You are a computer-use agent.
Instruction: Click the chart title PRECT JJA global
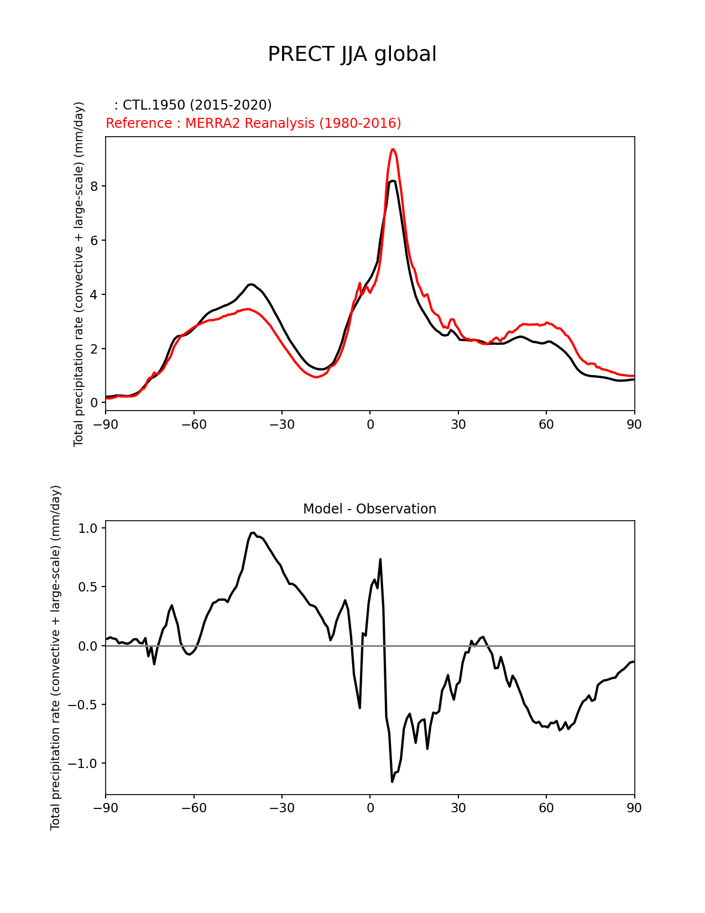click(352, 54)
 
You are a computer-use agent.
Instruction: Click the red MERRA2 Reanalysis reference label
click(253, 123)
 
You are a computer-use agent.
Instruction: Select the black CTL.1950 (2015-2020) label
click(193, 105)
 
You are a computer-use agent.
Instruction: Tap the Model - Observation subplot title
click(369, 509)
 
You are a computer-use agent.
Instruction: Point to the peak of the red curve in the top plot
click(393, 149)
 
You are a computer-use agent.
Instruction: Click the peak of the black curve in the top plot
click(392, 181)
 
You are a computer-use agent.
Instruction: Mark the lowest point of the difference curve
click(392, 781)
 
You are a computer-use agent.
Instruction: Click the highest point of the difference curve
click(252, 533)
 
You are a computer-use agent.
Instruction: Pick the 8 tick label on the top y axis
click(94, 186)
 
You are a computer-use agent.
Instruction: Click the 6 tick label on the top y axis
click(94, 241)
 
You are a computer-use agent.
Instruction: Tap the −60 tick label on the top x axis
click(194, 424)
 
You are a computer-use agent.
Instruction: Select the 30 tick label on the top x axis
click(458, 424)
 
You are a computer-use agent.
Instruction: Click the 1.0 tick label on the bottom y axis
click(88, 528)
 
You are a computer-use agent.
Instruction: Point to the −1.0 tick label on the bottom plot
click(82, 764)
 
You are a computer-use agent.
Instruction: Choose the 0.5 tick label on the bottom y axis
click(88, 587)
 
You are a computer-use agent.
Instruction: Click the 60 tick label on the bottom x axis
click(546, 808)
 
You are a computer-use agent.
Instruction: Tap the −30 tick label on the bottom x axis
click(281, 808)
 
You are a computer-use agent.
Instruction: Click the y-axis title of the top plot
click(79, 274)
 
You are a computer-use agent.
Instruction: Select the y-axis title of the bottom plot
click(56, 657)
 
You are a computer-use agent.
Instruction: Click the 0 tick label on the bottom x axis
click(370, 808)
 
